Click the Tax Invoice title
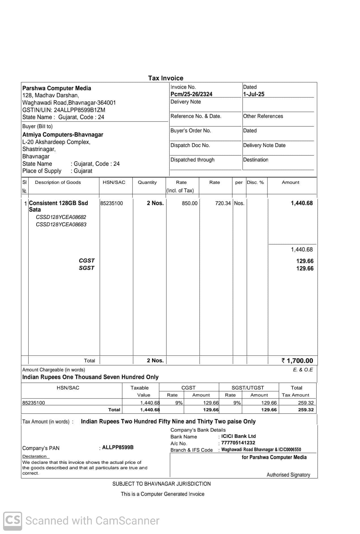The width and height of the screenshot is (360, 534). [166, 78]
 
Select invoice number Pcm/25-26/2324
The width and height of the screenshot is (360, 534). [191, 94]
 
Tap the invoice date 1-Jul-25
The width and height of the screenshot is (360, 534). [254, 94]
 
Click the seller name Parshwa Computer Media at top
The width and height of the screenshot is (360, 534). [57, 88]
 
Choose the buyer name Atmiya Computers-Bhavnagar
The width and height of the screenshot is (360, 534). [63, 135]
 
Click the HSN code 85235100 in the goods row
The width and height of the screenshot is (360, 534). [112, 203]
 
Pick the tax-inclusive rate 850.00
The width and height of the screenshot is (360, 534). [190, 203]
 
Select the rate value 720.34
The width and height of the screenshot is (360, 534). [223, 203]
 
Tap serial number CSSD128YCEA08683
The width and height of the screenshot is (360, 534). [61, 225]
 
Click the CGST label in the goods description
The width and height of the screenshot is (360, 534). [87, 260]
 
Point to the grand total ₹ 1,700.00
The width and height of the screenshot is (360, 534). [297, 361]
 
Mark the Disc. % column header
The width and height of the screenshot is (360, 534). [255, 182]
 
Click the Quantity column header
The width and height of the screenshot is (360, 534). [147, 182]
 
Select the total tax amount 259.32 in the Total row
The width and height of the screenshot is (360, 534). [306, 410]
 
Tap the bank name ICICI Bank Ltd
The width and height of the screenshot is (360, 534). [238, 436]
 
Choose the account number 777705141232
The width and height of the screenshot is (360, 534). [238, 443]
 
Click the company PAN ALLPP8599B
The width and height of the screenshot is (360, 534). [118, 447]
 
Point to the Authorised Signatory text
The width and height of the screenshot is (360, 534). [288, 475]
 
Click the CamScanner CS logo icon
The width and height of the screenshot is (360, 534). [13, 521]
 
